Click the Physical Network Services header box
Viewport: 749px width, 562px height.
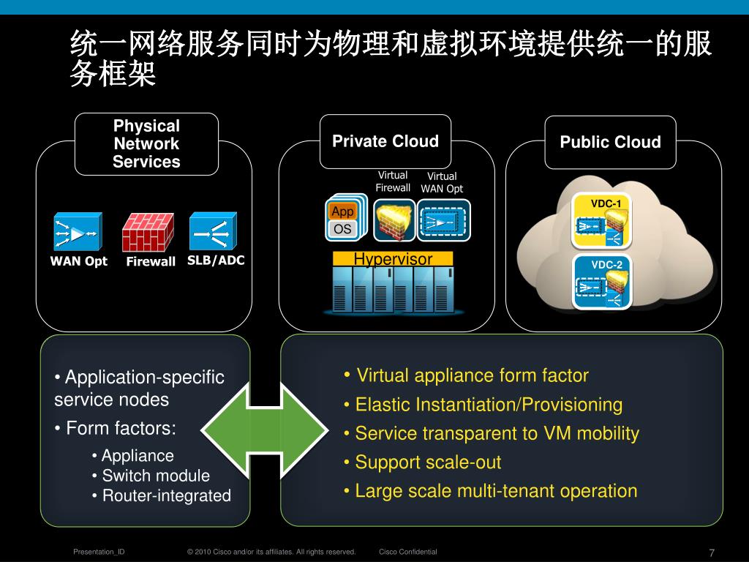pos(146,144)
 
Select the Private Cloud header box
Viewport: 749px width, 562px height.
pos(385,142)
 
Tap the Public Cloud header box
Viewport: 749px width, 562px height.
pos(610,143)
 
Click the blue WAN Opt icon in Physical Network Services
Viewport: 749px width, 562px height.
pos(78,232)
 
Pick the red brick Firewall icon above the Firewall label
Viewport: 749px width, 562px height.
pos(148,232)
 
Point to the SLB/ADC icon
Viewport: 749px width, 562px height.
pos(213,232)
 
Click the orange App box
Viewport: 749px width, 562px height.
pos(342,211)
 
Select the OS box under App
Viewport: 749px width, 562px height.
pos(342,229)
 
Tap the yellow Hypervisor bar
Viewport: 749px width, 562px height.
pos(393,259)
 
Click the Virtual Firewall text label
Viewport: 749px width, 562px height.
pos(393,181)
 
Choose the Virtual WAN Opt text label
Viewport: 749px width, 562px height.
pos(442,182)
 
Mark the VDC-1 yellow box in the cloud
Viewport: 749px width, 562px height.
pos(602,220)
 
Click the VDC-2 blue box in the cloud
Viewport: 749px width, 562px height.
pos(602,282)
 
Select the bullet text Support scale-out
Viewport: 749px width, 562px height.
pos(428,462)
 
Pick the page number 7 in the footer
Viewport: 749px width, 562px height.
pos(712,552)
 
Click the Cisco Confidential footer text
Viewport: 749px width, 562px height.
pos(408,552)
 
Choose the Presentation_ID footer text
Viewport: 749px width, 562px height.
pos(99,552)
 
